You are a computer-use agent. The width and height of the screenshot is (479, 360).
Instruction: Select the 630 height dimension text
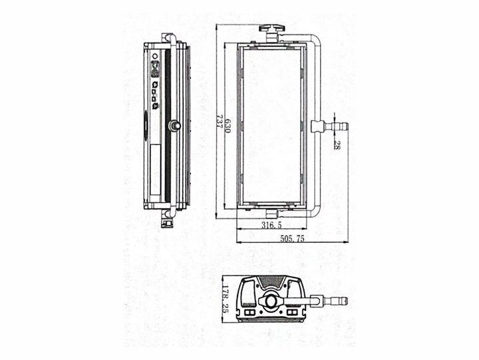[228, 125]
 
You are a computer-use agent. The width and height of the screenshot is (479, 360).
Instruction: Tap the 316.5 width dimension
[271, 225]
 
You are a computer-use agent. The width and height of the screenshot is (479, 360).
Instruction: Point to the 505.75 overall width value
[292, 239]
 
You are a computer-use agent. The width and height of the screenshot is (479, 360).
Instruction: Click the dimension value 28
[337, 145]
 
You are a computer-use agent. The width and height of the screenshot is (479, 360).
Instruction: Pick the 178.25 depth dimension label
[226, 299]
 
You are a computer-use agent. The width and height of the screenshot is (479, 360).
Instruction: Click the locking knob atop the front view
[272, 29]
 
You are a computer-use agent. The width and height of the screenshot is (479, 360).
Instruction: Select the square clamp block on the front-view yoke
[318, 126]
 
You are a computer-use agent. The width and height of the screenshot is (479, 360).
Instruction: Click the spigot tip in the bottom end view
[345, 301]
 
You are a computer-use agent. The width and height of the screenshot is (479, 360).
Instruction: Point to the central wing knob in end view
[271, 301]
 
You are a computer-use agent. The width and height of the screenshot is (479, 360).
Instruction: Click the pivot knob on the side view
[174, 125]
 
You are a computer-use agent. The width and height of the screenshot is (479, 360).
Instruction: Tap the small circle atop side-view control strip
[155, 57]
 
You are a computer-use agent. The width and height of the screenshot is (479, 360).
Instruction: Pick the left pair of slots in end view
[250, 312]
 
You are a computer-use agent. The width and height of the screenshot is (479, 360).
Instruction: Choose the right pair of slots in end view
[292, 312]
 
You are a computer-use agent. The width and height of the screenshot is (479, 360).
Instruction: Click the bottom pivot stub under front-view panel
[271, 213]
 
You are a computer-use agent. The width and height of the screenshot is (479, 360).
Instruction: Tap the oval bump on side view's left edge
[146, 125]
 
